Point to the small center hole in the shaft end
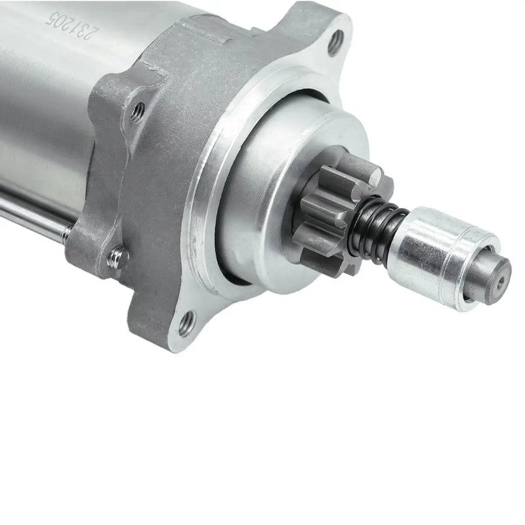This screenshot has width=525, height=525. click(501, 277)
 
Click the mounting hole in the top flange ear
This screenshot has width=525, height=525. click(335, 41)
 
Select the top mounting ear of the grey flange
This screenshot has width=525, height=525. click(315, 33)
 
